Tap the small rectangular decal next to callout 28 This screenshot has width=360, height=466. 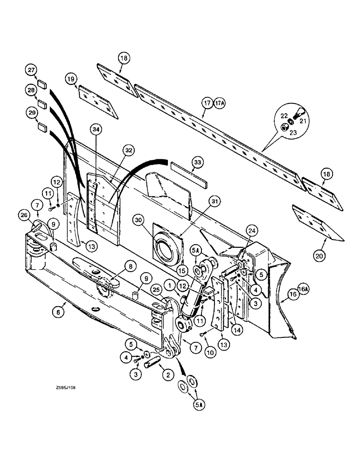pos(42,103)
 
